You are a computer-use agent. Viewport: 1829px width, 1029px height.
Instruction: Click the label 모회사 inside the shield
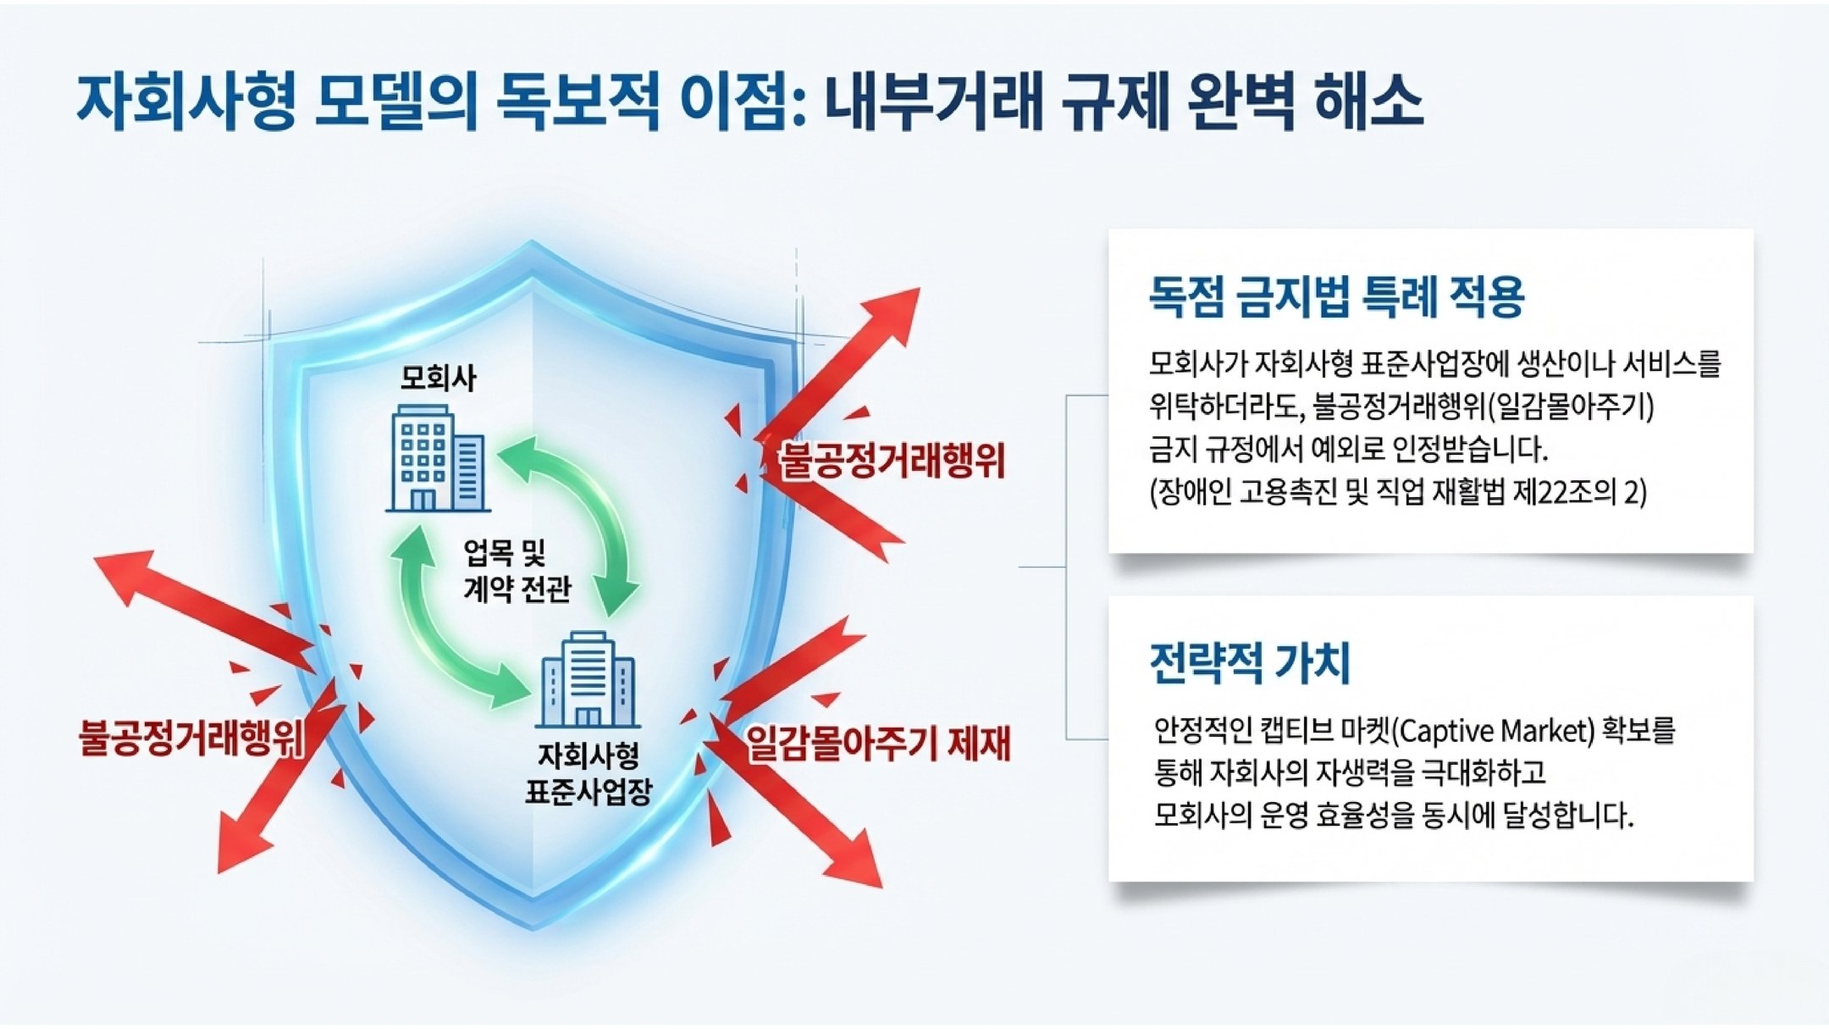pyautogui.click(x=438, y=378)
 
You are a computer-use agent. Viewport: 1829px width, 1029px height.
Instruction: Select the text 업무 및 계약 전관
pyautogui.click(x=517, y=571)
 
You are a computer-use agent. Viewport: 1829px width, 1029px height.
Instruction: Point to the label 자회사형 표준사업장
pyautogui.click(x=588, y=773)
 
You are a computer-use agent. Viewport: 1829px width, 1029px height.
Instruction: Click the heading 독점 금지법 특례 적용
pyautogui.click(x=1336, y=296)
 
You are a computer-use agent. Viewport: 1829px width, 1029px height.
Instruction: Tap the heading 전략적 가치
pyautogui.click(x=1249, y=662)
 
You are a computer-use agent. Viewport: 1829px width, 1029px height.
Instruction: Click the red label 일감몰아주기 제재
pyautogui.click(x=878, y=744)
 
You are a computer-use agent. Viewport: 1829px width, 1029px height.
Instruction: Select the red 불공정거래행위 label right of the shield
pyautogui.click(x=892, y=462)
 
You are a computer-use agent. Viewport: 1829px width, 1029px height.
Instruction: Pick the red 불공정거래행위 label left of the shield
pyautogui.click(x=191, y=737)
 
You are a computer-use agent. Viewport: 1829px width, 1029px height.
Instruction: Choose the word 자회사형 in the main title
pyautogui.click(x=186, y=102)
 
